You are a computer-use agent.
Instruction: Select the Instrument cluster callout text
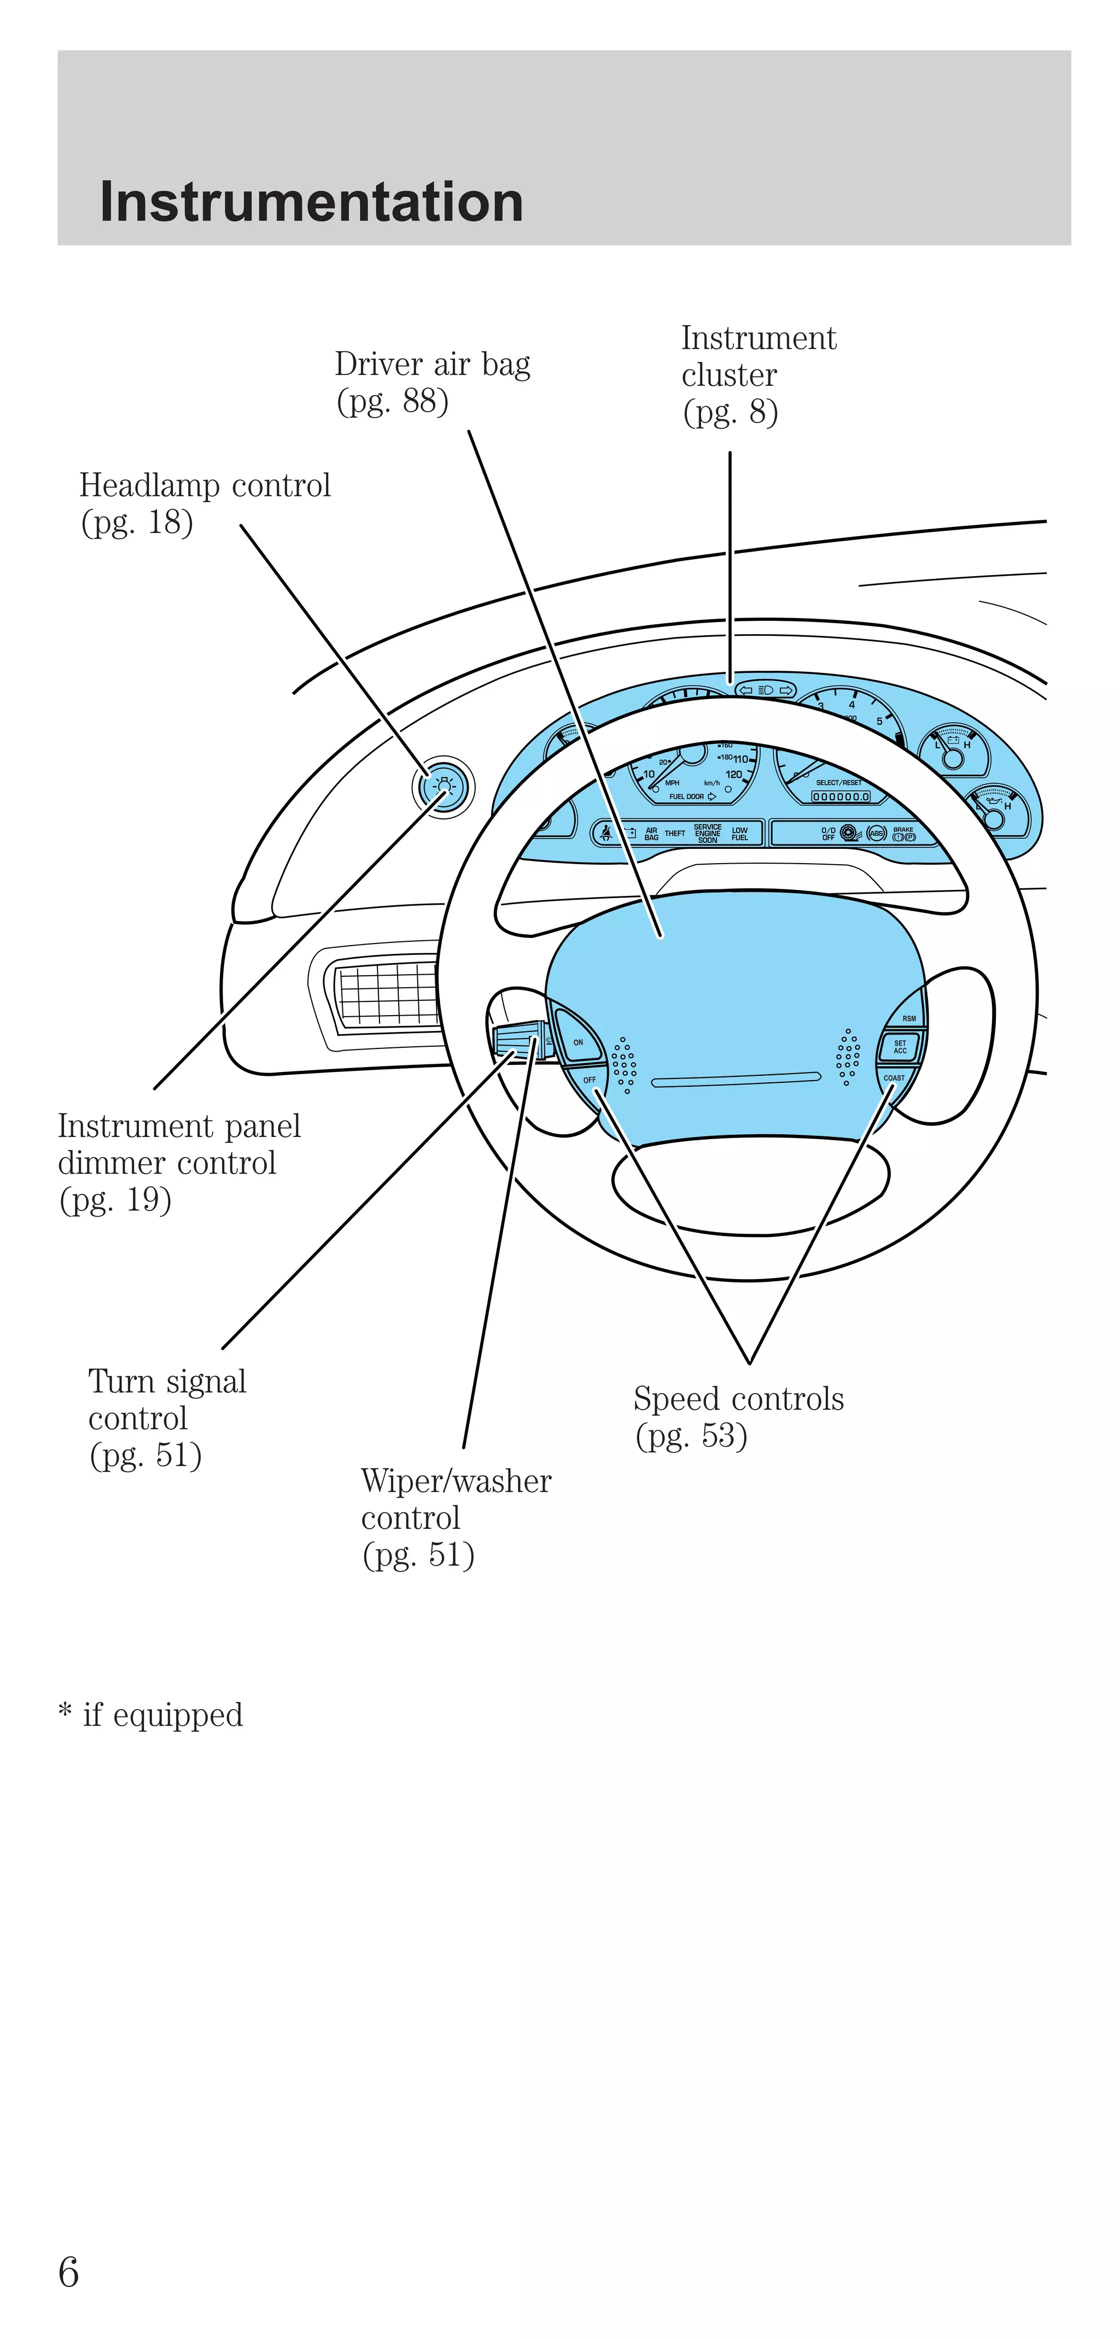[757, 374]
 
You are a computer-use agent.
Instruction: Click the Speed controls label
[738, 1416]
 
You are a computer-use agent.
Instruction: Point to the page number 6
[68, 2272]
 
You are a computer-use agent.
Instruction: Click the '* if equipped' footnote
[151, 1714]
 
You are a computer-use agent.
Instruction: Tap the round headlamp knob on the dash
[444, 787]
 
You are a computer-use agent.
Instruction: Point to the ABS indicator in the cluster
[876, 833]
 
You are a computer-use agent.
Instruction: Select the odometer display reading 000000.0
[840, 796]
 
